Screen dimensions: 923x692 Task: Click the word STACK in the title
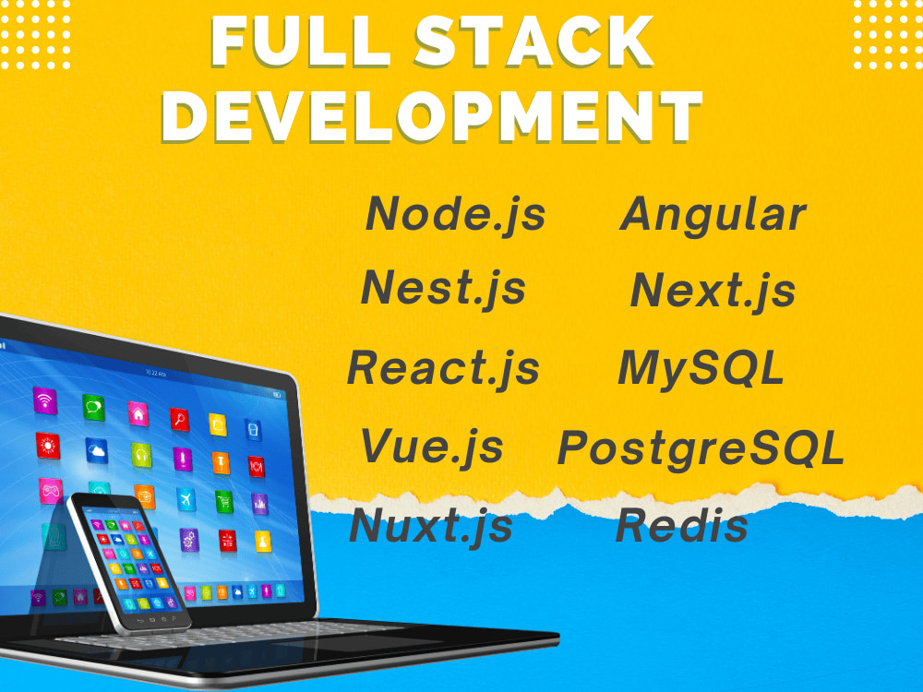tap(533, 42)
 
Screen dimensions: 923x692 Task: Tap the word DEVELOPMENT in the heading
tap(431, 116)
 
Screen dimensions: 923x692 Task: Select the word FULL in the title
tap(300, 42)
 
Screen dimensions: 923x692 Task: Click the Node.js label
tap(456, 215)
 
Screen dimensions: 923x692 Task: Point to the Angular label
tap(713, 216)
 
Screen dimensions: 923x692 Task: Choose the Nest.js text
tap(443, 289)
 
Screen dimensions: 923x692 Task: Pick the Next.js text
tap(713, 291)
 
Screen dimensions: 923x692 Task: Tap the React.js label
tap(443, 369)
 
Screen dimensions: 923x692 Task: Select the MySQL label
tap(701, 369)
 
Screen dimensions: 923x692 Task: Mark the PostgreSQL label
tap(701, 449)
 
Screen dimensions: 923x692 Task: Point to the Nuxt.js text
tap(431, 527)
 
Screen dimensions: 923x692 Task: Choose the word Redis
tap(682, 526)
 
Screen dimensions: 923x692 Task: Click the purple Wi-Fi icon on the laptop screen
tap(44, 400)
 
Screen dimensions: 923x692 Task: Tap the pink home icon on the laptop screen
tap(138, 413)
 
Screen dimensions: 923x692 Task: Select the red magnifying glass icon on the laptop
tap(180, 419)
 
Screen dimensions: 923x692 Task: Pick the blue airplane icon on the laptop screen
tap(186, 500)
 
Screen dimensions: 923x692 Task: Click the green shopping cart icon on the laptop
tap(223, 502)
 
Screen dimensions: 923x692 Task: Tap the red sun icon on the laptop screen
tap(47, 446)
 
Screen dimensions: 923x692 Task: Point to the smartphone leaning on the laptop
tap(129, 563)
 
